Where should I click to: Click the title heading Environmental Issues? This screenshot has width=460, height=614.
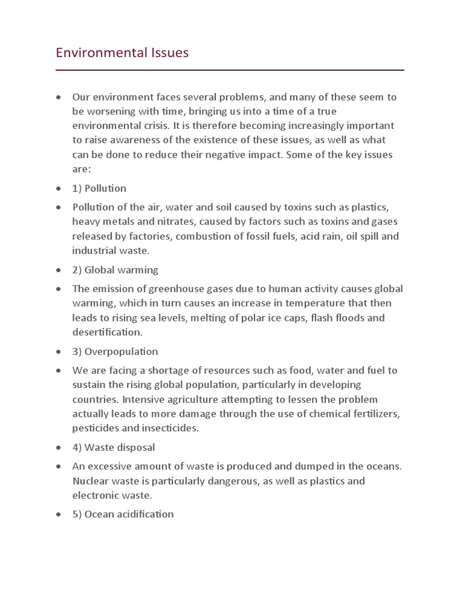(x=122, y=53)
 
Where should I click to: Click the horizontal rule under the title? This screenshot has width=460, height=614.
(x=230, y=70)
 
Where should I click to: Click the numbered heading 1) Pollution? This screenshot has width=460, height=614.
(x=99, y=188)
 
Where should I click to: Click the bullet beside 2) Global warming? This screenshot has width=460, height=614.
(x=59, y=270)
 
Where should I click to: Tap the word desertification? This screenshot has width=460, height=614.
(x=107, y=332)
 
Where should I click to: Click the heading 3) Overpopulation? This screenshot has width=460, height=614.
(x=115, y=351)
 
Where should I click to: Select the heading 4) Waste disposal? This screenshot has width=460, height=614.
(x=114, y=447)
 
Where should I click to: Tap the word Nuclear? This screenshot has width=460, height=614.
(x=91, y=481)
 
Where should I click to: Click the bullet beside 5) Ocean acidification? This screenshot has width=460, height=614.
(x=59, y=514)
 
